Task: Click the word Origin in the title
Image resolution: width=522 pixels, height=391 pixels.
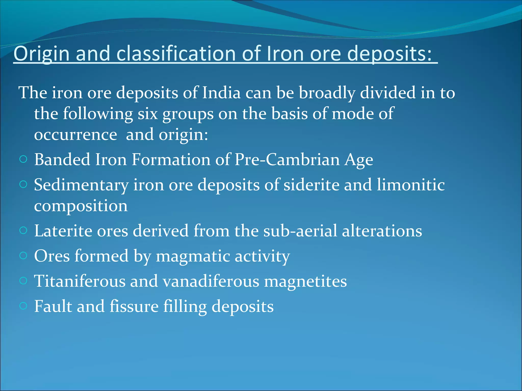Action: pyautogui.click(x=41, y=54)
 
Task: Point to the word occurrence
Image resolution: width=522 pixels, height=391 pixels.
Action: pyautogui.click(x=75, y=135)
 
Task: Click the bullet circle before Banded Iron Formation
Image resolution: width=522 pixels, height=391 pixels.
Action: pyautogui.click(x=23, y=160)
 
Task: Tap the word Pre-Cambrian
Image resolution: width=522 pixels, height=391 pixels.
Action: pyautogui.click(x=287, y=160)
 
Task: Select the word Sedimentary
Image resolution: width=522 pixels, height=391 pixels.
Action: pyautogui.click(x=81, y=185)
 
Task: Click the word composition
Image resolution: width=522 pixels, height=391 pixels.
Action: pyautogui.click(x=81, y=206)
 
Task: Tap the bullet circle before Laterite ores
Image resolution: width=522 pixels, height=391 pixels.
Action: pyautogui.click(x=23, y=231)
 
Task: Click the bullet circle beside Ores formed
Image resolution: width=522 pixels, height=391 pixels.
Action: pyautogui.click(x=23, y=256)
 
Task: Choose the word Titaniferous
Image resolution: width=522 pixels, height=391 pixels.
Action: pyautogui.click(x=80, y=281)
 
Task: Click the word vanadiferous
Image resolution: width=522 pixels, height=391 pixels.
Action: pyautogui.click(x=211, y=281)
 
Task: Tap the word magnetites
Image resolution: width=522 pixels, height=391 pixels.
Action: pyautogui.click(x=305, y=281)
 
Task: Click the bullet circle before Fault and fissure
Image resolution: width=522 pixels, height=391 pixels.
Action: pyautogui.click(x=23, y=306)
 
